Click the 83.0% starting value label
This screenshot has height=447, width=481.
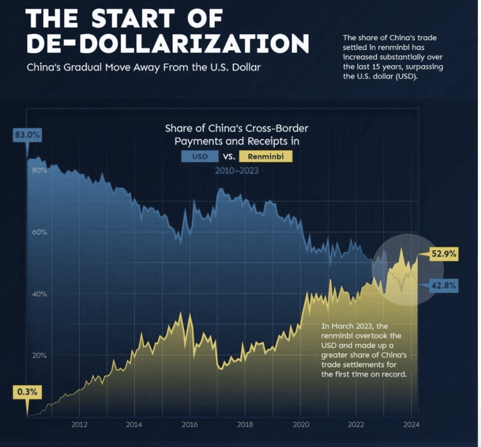(27, 135)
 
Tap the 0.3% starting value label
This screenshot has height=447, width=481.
(27, 392)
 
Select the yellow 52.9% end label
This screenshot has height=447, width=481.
(444, 254)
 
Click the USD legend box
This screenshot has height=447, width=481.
(200, 156)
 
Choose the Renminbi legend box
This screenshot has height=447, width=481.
(265, 156)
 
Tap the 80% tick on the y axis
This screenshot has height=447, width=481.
(39, 170)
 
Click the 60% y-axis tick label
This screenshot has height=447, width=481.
(39, 232)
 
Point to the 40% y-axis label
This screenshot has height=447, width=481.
(39, 294)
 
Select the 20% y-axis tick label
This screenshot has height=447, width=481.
(39, 356)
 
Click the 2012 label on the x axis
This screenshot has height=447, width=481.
(79, 425)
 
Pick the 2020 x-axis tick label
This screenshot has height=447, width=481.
(300, 425)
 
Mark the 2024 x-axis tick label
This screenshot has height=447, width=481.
(410, 425)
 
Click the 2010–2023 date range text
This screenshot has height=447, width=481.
(236, 171)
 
